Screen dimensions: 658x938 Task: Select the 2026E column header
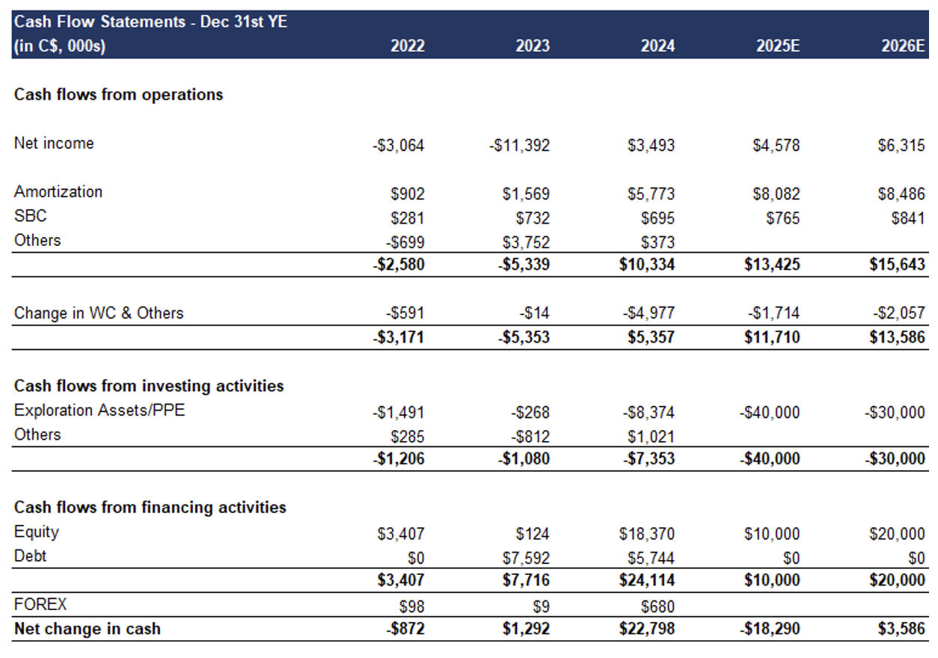click(x=904, y=46)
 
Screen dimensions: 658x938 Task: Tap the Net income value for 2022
click(x=399, y=146)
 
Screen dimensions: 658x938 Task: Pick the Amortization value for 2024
click(x=651, y=194)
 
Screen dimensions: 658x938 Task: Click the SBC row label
click(x=30, y=216)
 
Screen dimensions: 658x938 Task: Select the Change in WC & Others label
click(x=99, y=313)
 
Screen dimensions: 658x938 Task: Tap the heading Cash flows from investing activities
click(x=149, y=386)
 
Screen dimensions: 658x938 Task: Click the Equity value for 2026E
click(x=898, y=534)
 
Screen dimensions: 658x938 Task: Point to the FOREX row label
click(x=40, y=604)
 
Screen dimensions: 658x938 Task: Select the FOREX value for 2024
click(x=657, y=605)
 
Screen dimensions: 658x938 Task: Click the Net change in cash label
click(x=88, y=629)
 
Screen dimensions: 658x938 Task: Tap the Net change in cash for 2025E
click(x=770, y=629)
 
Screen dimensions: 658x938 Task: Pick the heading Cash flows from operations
click(x=118, y=95)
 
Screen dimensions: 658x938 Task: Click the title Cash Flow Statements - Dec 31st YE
click(x=150, y=22)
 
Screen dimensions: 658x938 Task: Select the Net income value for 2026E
click(x=901, y=146)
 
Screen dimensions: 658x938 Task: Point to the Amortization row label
click(x=58, y=191)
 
